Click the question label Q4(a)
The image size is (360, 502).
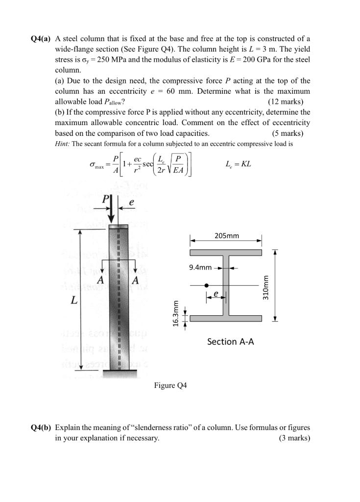coord(41,39)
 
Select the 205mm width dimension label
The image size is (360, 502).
coord(227,236)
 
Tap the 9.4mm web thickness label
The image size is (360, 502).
coord(200,268)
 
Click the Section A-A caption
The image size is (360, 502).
coord(230,341)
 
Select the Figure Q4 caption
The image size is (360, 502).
coord(170,386)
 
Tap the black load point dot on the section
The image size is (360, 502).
coord(207,285)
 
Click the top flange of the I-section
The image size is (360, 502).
coord(226,252)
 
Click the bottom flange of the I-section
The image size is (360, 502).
coord(226,318)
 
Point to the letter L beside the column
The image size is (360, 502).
coord(73,299)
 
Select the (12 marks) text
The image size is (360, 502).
coord(286,102)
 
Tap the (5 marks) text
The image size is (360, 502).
coord(288,133)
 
